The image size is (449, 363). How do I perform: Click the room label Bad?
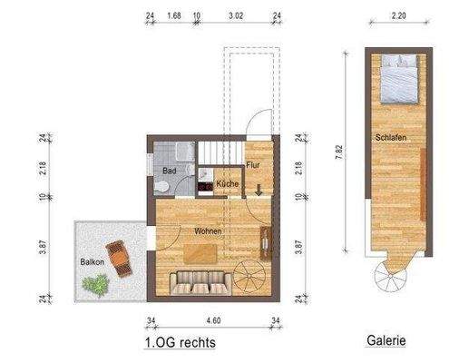(x=169, y=170)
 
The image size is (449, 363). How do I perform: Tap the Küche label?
(x=228, y=184)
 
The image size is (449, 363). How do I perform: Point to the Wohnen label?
(x=207, y=231)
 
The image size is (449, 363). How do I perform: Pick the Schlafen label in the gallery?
(x=387, y=136)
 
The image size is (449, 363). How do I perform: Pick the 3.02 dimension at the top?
(x=236, y=15)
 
